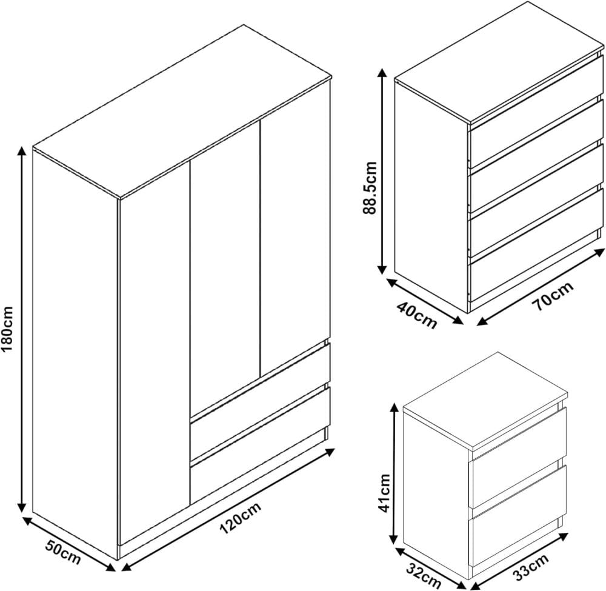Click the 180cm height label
pos(7,329)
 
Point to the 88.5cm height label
pos(370,188)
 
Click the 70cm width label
pos(553,296)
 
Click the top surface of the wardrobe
pos(182,112)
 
